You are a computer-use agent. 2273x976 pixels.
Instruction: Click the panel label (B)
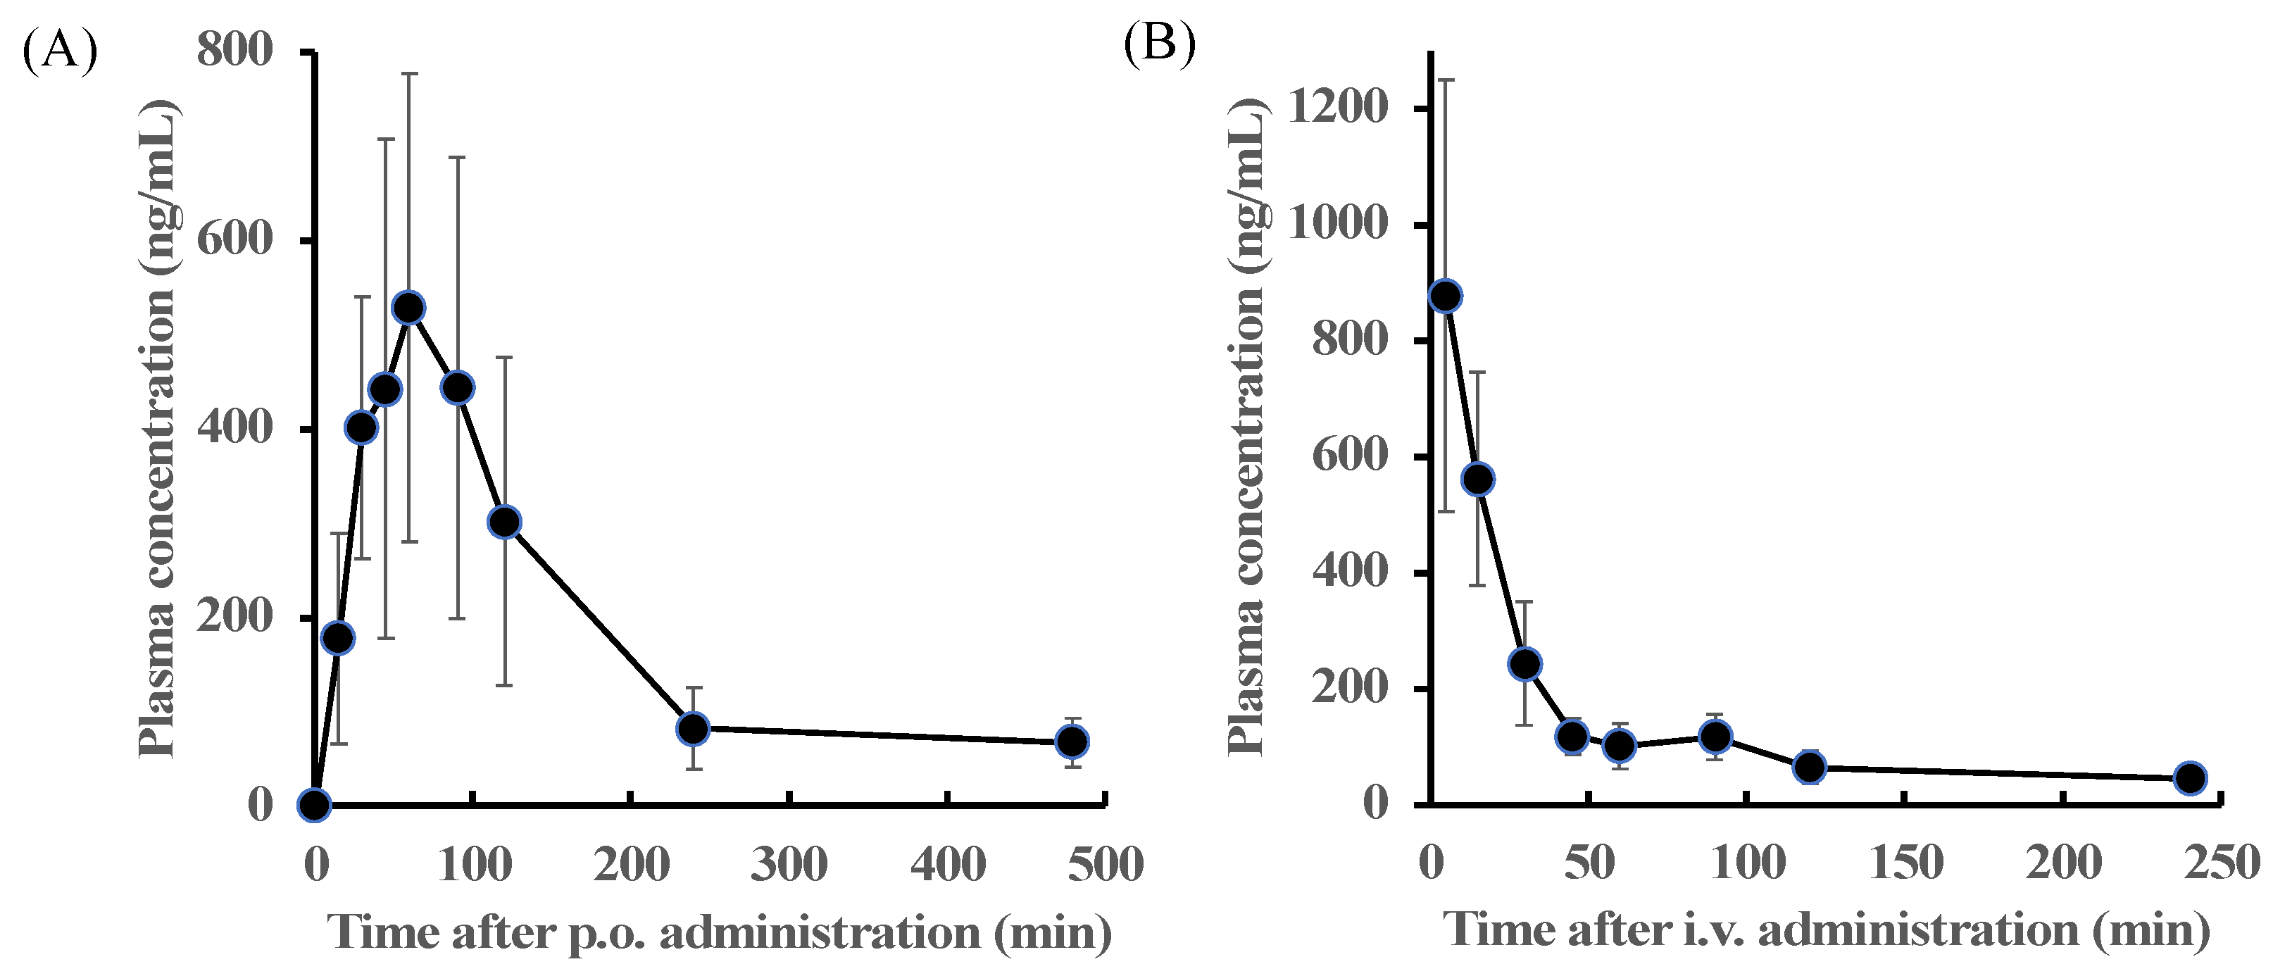(x=1160, y=42)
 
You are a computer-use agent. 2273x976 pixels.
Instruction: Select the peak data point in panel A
(x=409, y=308)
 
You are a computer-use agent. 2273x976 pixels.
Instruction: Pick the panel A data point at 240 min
(x=694, y=728)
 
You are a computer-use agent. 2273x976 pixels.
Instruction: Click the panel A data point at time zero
(x=315, y=804)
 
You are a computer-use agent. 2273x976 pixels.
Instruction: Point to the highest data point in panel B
(x=1446, y=296)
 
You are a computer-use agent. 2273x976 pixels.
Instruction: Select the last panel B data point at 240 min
(x=2191, y=778)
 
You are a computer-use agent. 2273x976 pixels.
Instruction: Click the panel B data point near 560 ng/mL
(x=1479, y=479)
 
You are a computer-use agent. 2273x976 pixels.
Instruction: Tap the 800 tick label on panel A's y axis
(x=234, y=49)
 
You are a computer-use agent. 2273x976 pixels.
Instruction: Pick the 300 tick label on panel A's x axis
(x=789, y=864)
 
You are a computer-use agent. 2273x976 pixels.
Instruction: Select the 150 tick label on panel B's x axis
(x=1906, y=862)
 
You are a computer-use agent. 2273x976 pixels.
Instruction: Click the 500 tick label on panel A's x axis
(x=1106, y=864)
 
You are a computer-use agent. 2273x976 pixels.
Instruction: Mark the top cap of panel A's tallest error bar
(x=409, y=74)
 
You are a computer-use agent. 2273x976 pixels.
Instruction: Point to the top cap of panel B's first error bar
(x=1446, y=80)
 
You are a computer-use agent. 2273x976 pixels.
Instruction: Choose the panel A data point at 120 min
(x=505, y=522)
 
